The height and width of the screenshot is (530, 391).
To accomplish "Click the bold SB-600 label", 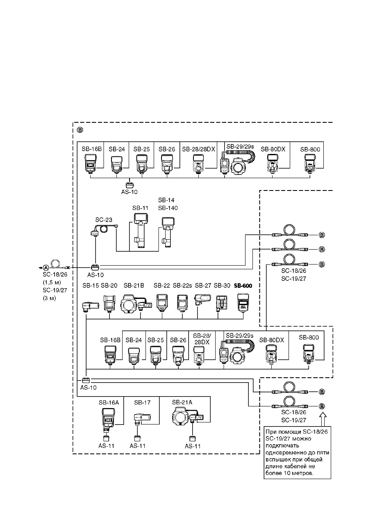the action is point(243,286).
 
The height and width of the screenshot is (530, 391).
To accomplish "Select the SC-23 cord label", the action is point(104,220).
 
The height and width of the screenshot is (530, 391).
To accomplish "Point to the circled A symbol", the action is point(46,268).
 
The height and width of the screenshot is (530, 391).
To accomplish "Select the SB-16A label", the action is point(109,403).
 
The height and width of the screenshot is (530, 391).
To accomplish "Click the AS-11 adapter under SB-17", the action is point(137,438).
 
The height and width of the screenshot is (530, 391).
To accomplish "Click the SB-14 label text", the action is point(166,200).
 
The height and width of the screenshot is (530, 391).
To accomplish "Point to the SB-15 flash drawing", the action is point(90,307).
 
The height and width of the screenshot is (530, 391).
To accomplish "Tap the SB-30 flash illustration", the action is point(221,303).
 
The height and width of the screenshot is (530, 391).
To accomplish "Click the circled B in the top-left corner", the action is point(80,130).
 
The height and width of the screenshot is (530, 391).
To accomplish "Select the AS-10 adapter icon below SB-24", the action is point(130,185).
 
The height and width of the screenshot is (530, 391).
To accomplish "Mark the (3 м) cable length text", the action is point(49,298).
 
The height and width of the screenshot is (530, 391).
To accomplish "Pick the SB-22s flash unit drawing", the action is point(182,303).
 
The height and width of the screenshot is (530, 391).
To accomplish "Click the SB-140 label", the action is point(168,208).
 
